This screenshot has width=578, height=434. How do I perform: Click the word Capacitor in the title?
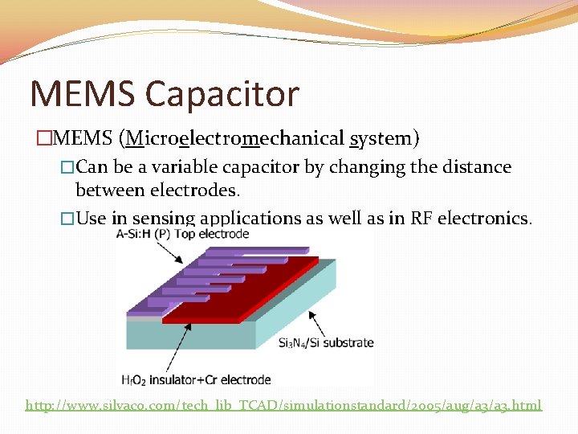pyautogui.click(x=222, y=95)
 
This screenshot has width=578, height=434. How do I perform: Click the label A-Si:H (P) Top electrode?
pyautogui.click(x=182, y=234)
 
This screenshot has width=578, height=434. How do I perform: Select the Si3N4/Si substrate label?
pyautogui.click(x=325, y=342)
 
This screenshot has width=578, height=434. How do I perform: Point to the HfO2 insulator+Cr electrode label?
pyautogui.click(x=196, y=379)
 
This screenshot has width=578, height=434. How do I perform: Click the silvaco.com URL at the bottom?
pyautogui.click(x=283, y=405)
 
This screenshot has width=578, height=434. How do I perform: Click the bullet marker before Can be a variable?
pyautogui.click(x=67, y=168)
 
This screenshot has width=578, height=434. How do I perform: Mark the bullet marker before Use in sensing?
pyautogui.click(x=67, y=219)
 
